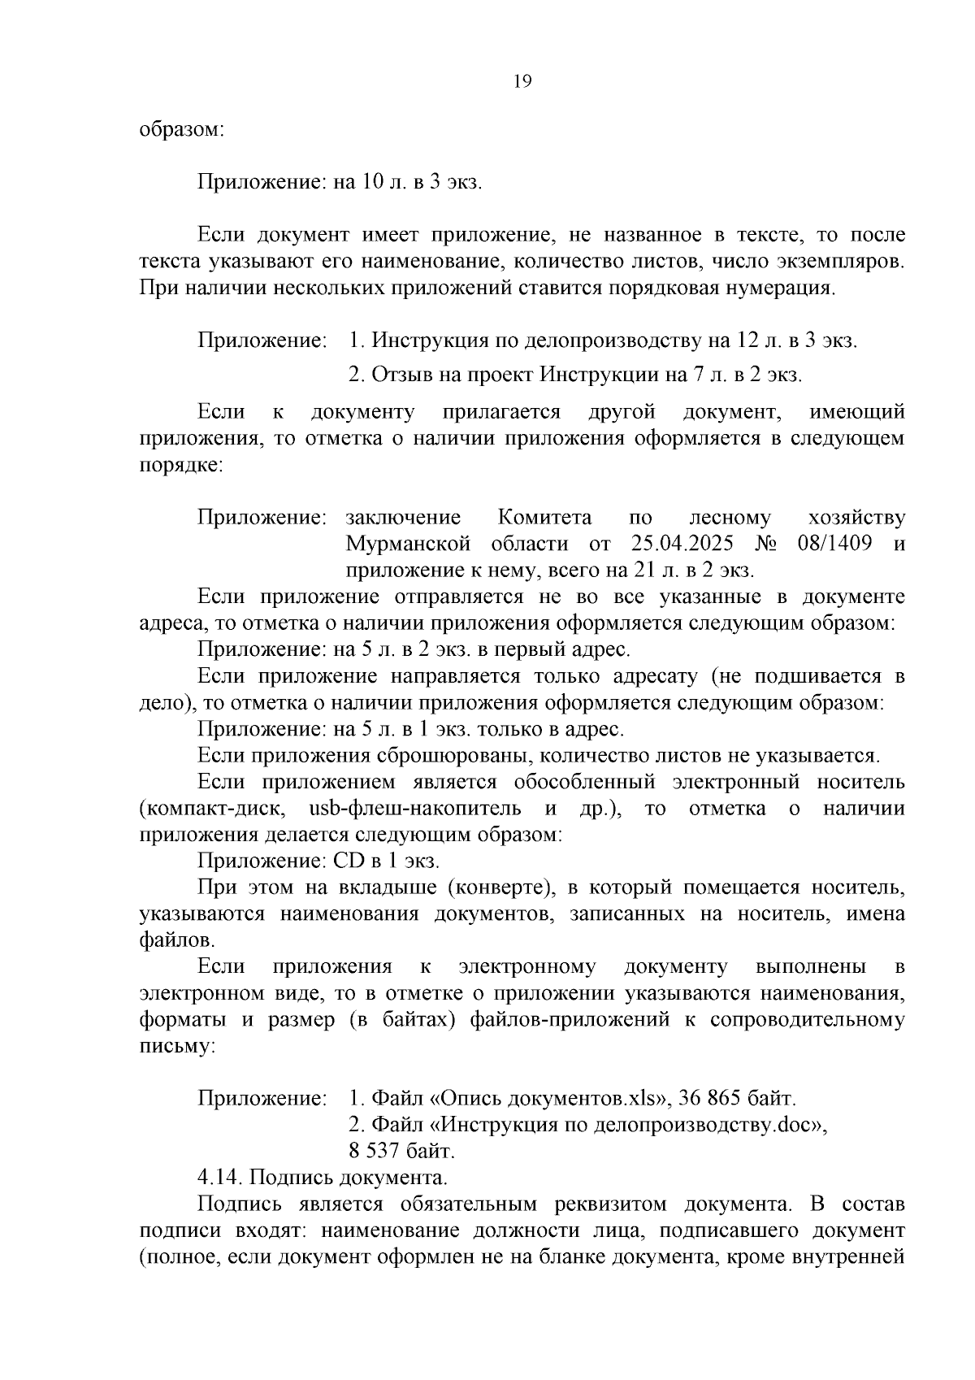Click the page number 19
[522, 81]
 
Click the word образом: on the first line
[181, 129]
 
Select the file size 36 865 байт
[734, 1099]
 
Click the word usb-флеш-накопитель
[416, 809]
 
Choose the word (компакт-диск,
[211, 809]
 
